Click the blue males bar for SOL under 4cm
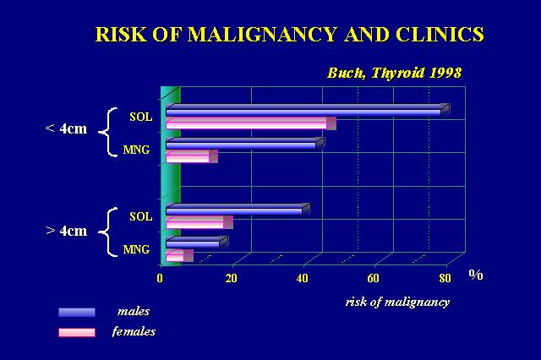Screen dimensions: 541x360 tap(308, 110)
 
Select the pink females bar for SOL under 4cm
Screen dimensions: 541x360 tap(251, 123)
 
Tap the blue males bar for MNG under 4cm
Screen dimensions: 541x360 tap(245, 143)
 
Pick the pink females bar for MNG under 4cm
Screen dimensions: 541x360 tap(192, 156)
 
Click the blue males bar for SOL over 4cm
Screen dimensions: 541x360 tap(238, 210)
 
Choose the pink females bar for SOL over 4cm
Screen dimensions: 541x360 tap(199, 222)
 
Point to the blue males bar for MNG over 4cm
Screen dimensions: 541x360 tap(197, 242)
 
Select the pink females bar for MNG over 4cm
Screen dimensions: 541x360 tap(179, 256)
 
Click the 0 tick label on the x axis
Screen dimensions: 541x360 tap(160, 278)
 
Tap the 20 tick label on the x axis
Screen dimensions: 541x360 tap(231, 278)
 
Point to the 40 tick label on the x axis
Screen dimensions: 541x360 tap(303, 278)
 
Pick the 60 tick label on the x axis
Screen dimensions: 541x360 tap(373, 278)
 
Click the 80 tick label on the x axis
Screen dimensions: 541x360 tap(445, 278)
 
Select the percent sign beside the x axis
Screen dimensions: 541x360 tap(476, 275)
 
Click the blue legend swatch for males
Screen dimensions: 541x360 tap(77, 312)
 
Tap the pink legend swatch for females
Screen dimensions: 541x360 tap(77, 332)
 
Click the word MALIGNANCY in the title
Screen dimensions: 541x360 tap(262, 34)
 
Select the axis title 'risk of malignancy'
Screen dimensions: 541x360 tap(397, 302)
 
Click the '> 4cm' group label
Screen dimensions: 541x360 tap(67, 231)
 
